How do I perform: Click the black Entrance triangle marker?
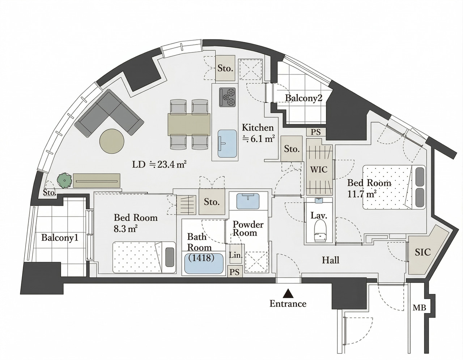click(288, 292)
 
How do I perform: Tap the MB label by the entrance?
click(419, 308)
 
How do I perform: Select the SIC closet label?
click(422, 252)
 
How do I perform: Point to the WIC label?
click(319, 169)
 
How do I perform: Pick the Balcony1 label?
click(60, 238)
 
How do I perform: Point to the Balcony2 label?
click(303, 98)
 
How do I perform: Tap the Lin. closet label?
click(235, 255)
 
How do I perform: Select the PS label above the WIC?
click(316, 132)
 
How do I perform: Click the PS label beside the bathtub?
click(235, 272)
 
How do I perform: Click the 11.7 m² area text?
click(362, 194)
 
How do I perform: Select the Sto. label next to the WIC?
click(292, 149)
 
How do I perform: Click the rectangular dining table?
click(189, 124)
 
